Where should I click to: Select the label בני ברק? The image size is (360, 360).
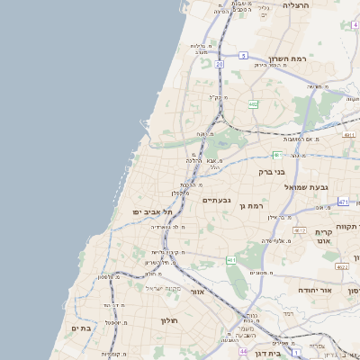(x=272, y=171)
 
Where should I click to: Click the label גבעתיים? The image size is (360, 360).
(x=217, y=200)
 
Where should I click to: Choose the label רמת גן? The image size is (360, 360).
(x=253, y=206)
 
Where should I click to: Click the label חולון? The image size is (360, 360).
(x=169, y=320)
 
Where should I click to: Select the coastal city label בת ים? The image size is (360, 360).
(x=82, y=328)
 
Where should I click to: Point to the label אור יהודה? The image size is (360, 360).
(x=315, y=292)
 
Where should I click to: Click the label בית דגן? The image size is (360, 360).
(x=289, y=354)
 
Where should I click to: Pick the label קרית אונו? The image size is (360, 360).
(x=326, y=237)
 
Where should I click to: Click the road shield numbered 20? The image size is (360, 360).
(x=219, y=65)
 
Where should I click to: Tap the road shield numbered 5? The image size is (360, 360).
(x=243, y=56)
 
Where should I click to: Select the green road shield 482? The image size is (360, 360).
(x=253, y=105)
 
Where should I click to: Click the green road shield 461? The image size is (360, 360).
(x=231, y=259)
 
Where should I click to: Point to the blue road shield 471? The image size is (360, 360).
(x=348, y=136)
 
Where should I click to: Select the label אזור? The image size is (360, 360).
(x=198, y=292)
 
